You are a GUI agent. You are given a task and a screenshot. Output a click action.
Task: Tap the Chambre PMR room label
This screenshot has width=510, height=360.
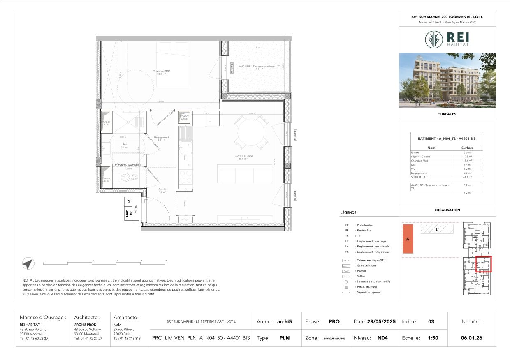(161, 73)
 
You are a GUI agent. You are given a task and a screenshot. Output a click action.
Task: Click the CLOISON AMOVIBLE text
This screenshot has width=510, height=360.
(128, 165)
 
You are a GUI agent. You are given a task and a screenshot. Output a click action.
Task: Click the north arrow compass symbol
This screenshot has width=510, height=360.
(28, 264)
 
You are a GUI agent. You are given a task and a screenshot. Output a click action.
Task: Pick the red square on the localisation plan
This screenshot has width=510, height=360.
(484, 264)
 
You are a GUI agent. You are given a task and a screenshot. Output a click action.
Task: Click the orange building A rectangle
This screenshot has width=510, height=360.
(408, 238)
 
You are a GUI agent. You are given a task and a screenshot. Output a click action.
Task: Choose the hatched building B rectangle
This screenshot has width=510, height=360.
(437, 229)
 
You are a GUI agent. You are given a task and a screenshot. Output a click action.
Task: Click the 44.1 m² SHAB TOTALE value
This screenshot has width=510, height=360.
(468, 177)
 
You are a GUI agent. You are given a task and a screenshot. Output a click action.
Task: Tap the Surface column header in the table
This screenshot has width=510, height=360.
(467, 148)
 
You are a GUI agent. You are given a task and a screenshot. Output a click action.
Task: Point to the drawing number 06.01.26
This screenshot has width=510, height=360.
(472, 338)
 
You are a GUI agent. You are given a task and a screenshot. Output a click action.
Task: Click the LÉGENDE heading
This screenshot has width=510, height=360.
(348, 213)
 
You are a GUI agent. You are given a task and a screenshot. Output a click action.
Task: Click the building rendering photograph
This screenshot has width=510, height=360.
(447, 80)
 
